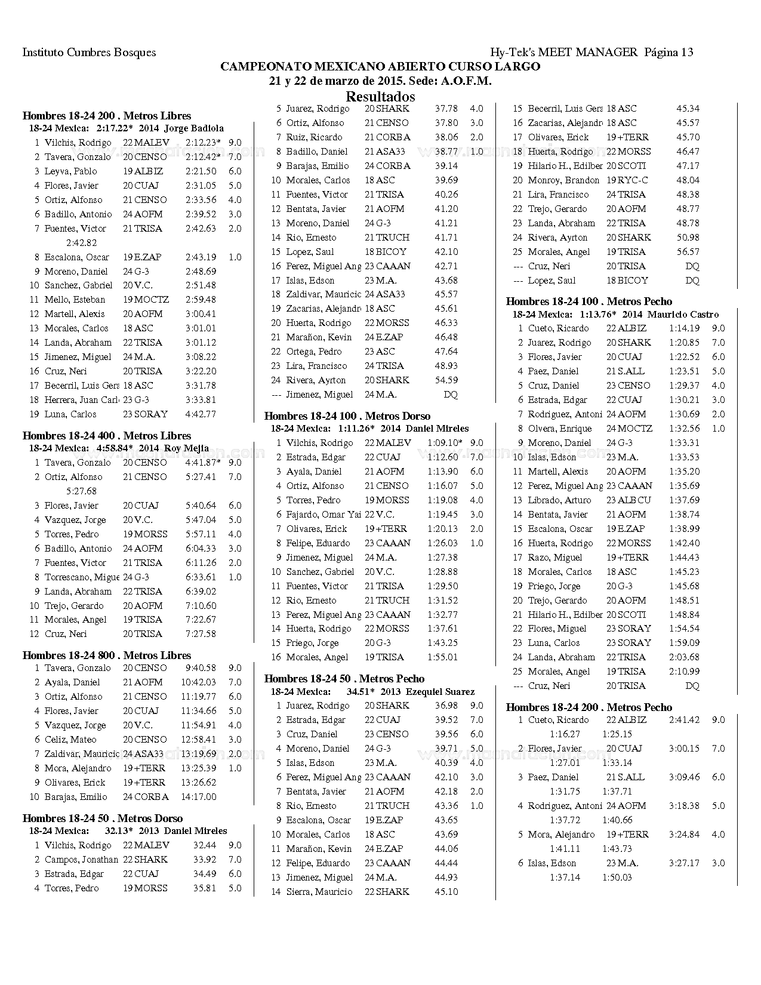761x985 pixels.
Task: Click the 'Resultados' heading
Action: click(380, 97)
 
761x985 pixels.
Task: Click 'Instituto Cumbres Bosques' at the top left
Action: click(89, 53)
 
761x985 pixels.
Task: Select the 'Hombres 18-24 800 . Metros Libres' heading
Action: click(107, 655)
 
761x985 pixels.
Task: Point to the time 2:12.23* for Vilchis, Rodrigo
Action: click(203, 143)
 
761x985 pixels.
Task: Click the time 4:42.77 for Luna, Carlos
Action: click(201, 414)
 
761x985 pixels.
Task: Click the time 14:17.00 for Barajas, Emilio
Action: click(199, 797)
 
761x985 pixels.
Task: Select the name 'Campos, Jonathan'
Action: click(81, 860)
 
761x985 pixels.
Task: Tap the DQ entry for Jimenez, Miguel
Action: click(451, 395)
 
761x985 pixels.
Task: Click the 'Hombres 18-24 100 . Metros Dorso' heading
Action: click(347, 416)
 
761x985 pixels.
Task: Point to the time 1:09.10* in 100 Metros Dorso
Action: click(445, 443)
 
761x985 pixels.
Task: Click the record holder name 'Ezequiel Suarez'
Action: click(440, 692)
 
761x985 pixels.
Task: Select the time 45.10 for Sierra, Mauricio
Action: click(446, 892)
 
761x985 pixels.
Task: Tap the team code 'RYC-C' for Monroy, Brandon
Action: click(633, 180)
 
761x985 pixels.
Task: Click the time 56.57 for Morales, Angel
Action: click(688, 252)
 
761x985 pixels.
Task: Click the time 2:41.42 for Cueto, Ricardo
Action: click(684, 721)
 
